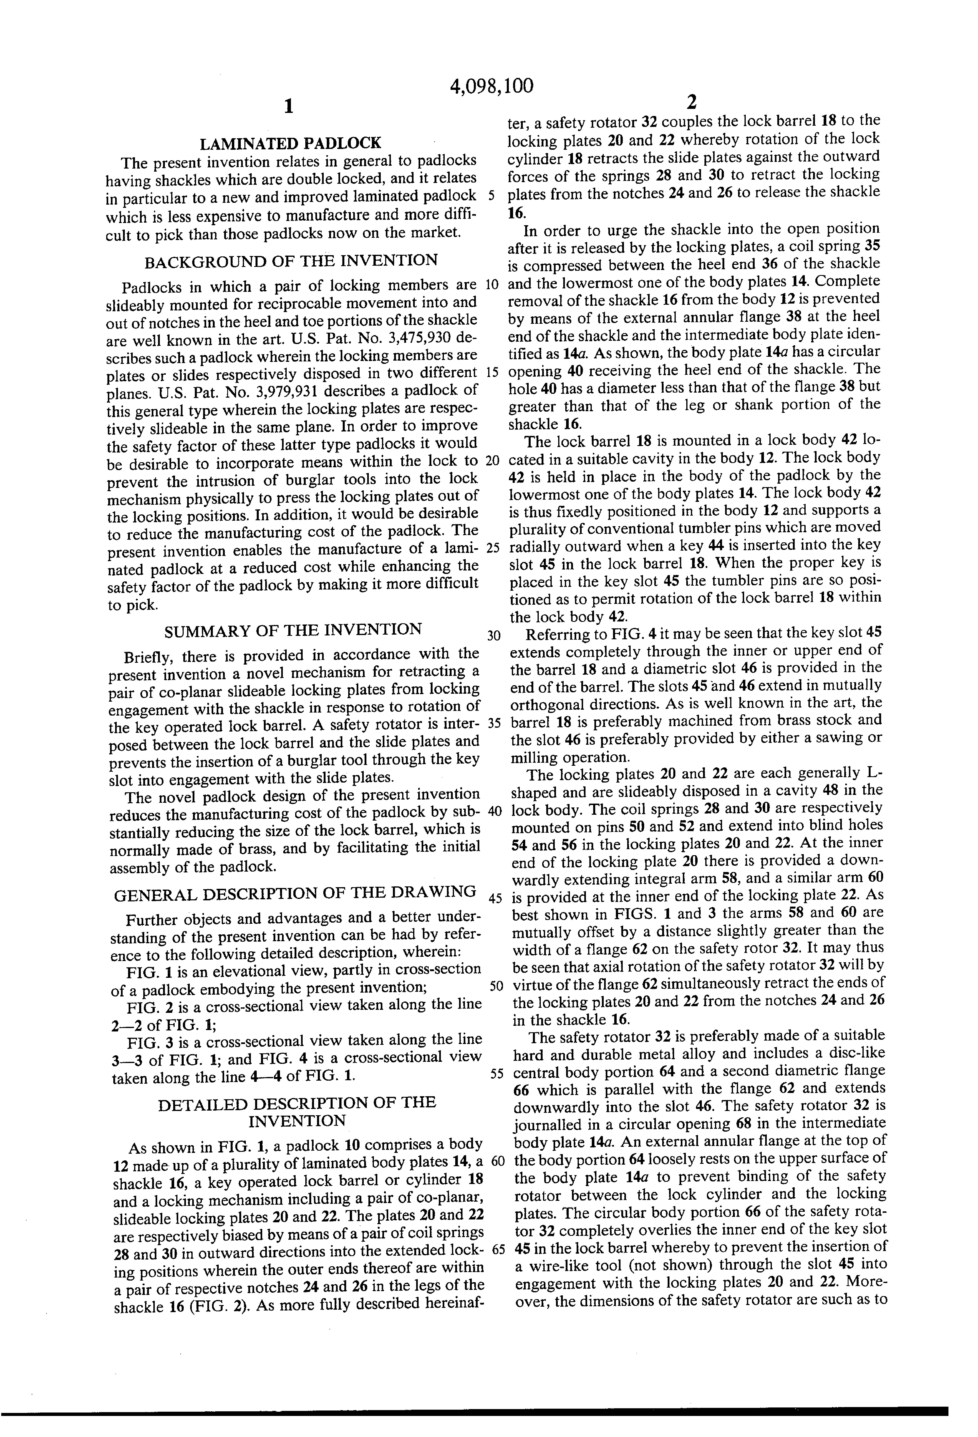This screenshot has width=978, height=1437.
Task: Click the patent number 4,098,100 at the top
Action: tap(491, 86)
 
